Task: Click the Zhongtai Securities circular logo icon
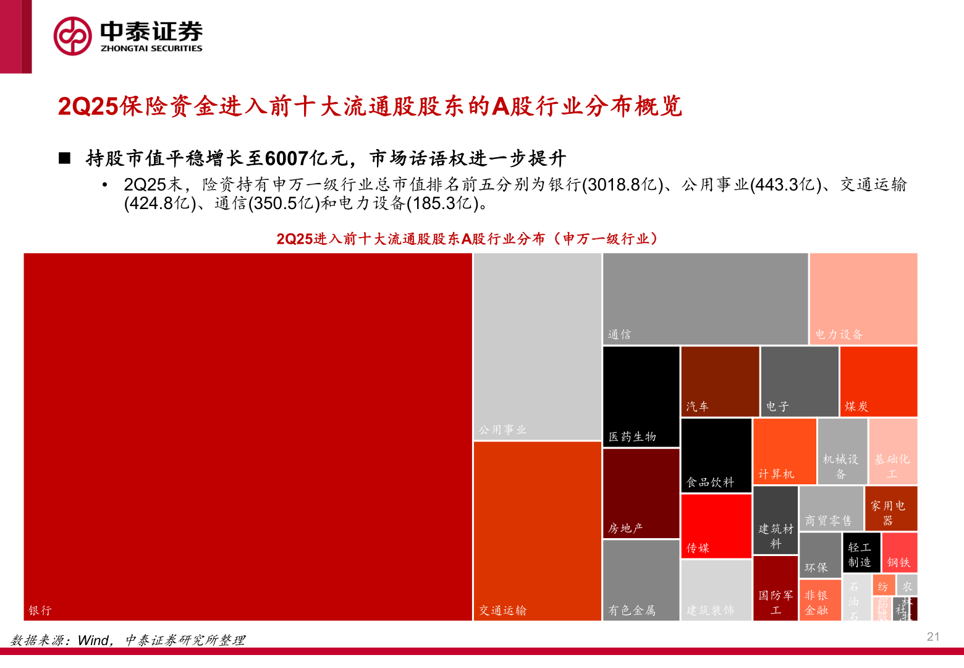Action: [x=73, y=36]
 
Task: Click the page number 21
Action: [x=933, y=636]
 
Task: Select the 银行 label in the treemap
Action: [x=40, y=610]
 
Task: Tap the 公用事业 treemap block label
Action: [x=502, y=429]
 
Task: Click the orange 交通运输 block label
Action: [x=502, y=610]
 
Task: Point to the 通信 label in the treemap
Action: [x=619, y=335]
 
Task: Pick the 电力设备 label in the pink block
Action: [x=839, y=335]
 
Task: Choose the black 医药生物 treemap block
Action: [x=641, y=396]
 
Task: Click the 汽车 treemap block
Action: [x=720, y=381]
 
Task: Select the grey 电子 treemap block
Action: [x=800, y=381]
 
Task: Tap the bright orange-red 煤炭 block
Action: [x=878, y=381]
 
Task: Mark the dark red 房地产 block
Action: [x=641, y=493]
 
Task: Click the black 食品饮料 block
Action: [x=716, y=455]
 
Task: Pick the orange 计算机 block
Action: [x=785, y=452]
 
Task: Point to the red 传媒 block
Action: [x=716, y=526]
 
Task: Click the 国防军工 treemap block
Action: [x=776, y=588]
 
